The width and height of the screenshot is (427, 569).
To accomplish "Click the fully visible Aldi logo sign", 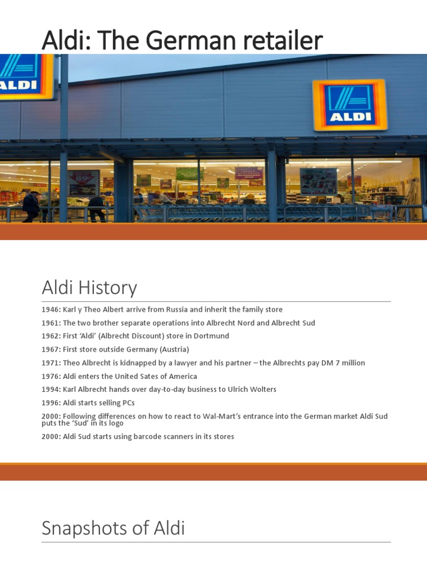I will tap(350, 105).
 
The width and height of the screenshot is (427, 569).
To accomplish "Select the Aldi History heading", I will tap(89, 288).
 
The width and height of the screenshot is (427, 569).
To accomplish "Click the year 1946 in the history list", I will tap(50, 310).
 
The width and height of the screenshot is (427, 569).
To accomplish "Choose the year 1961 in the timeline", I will tap(50, 323).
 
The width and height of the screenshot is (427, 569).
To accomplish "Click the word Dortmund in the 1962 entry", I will tap(211, 336).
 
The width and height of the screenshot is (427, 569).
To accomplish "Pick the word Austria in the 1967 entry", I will tap(174, 350).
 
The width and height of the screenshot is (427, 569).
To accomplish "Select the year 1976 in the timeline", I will tap(50, 376).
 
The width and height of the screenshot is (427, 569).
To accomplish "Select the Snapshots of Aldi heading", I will tap(113, 528).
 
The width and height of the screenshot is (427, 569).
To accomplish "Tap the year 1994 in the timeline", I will tap(50, 390).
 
